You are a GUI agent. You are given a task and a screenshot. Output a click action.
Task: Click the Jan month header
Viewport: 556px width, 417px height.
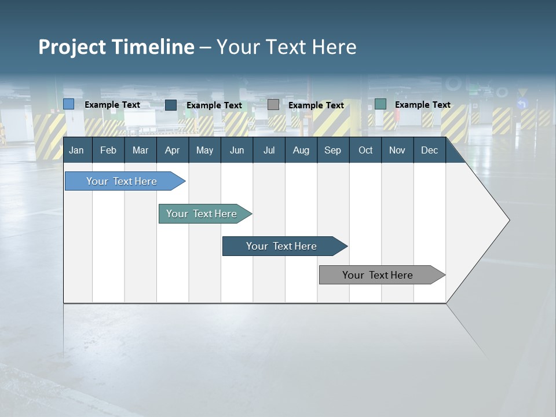tap(77, 151)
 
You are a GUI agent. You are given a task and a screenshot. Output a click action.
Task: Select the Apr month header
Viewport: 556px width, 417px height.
tap(173, 151)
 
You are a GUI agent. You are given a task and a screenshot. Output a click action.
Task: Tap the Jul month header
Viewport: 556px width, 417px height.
tap(269, 151)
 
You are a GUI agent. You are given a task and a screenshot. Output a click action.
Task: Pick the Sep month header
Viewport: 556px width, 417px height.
tap(332, 151)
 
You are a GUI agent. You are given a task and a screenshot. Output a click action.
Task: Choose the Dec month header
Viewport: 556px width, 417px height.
tap(429, 151)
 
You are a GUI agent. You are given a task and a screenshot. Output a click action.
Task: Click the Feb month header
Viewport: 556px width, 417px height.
tap(108, 151)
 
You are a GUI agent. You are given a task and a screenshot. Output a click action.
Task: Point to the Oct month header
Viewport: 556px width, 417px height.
tap(365, 151)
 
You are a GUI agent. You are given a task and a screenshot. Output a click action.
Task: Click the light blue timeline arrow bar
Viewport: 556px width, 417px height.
tap(122, 181)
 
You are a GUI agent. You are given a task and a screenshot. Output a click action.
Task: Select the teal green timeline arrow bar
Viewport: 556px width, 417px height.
tap(202, 214)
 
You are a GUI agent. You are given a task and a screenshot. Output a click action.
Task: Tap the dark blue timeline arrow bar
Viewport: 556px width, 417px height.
tap(282, 246)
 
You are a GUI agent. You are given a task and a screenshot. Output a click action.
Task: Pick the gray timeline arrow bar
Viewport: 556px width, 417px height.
tap(378, 275)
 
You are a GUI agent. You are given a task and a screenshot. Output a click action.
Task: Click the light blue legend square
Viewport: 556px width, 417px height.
tap(69, 104)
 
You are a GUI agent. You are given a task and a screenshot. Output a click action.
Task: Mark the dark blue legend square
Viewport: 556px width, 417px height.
tap(171, 105)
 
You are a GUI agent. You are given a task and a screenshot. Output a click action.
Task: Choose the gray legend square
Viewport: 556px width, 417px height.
tap(273, 105)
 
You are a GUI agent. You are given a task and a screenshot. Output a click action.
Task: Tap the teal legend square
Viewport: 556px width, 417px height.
tap(381, 104)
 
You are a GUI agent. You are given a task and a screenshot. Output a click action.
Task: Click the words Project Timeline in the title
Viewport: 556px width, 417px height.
tap(116, 47)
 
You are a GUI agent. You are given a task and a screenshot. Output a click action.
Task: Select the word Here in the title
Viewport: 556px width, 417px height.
tap(334, 47)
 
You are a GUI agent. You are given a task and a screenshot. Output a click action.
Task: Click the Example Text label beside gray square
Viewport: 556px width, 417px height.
tap(316, 105)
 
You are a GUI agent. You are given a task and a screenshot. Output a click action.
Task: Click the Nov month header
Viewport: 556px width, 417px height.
tap(397, 151)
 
